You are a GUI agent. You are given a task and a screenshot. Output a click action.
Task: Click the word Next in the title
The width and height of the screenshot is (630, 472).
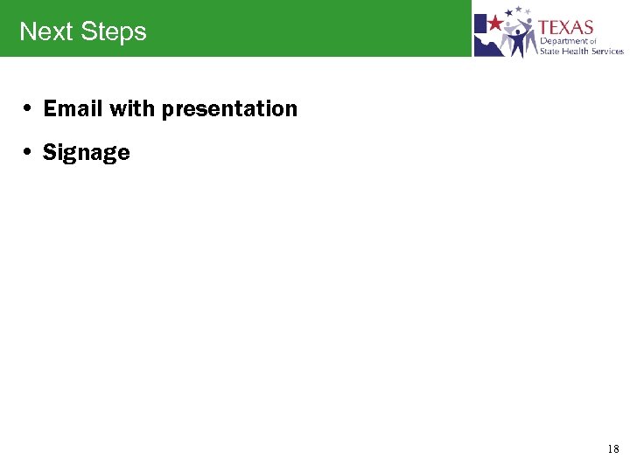coord(45,31)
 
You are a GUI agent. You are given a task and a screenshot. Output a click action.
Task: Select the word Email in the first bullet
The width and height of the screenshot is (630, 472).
coord(73,109)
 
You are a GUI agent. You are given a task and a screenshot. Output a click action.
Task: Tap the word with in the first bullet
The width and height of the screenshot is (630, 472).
coord(132,109)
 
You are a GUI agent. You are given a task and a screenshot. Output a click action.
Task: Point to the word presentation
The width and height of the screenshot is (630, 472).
coord(229,110)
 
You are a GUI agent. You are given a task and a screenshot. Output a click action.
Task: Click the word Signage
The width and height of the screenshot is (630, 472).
coord(86,154)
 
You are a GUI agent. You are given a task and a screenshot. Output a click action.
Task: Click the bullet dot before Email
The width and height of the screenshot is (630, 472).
coord(29,110)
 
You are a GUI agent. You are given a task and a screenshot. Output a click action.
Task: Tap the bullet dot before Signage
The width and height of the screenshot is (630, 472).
coord(29,154)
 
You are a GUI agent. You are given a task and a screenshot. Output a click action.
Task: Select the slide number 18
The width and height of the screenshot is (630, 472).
coord(612,449)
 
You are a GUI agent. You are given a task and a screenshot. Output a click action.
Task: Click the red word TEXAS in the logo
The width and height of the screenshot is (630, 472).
coord(566,27)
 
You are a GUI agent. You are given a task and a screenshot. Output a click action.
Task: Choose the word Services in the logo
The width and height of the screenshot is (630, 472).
coord(607,52)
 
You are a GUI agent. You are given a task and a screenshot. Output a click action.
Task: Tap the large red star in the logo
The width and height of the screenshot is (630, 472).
coord(495,22)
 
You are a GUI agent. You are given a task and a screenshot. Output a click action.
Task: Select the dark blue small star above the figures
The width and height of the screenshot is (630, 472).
coord(519,10)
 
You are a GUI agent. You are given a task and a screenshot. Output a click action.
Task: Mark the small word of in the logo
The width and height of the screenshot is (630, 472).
coord(592,41)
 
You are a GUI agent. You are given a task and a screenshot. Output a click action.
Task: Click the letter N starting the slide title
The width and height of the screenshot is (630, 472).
coord(26,32)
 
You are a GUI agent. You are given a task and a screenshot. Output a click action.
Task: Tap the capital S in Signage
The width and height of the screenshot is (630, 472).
coord(49,153)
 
